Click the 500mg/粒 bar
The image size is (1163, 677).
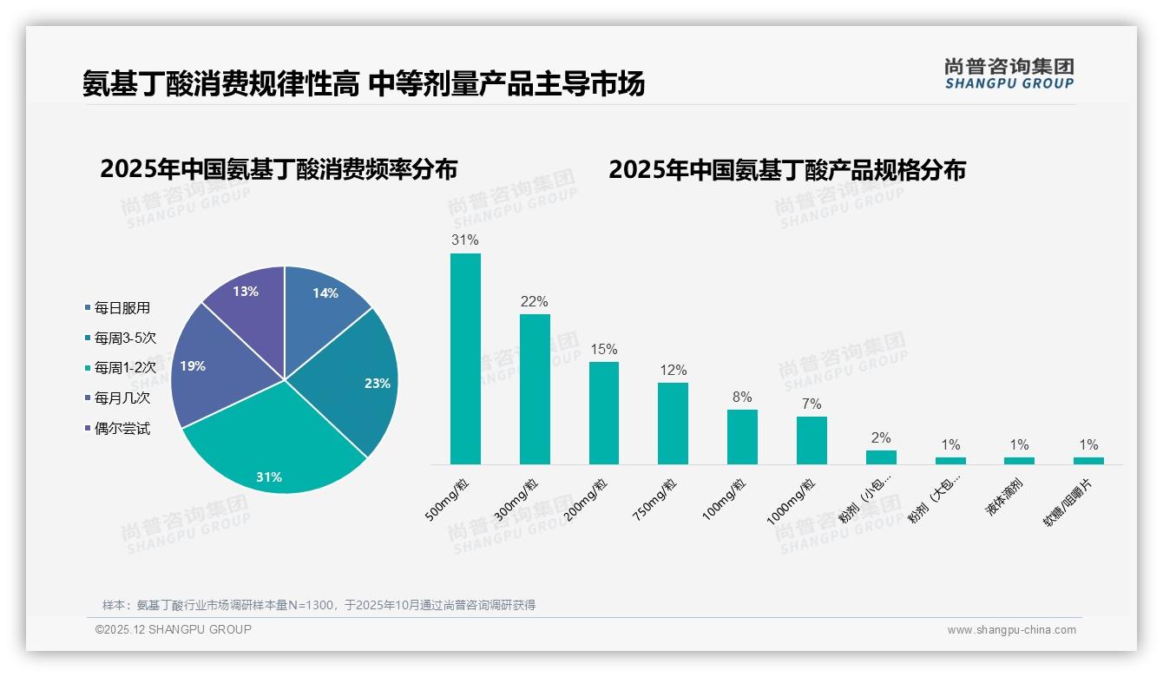coord(465,358)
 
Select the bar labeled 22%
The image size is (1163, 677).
coord(535,389)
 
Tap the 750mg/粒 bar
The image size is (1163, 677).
coord(673,423)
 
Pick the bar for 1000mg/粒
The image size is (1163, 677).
coord(811,440)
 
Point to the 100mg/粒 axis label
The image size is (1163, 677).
coord(724,500)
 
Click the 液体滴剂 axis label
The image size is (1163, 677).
coord(1004,497)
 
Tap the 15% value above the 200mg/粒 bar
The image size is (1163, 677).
coord(603,349)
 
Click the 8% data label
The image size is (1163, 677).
coord(742,397)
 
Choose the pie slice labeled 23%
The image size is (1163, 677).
coord(360,382)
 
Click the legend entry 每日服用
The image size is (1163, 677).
coord(122,308)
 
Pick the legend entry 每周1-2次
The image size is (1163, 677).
coord(125,368)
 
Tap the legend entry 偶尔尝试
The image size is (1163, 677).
coord(122,429)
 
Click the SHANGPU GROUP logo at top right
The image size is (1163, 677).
coord(1009,73)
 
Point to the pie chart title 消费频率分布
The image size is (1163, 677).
coord(279,168)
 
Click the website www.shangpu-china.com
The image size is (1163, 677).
coord(1011,629)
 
